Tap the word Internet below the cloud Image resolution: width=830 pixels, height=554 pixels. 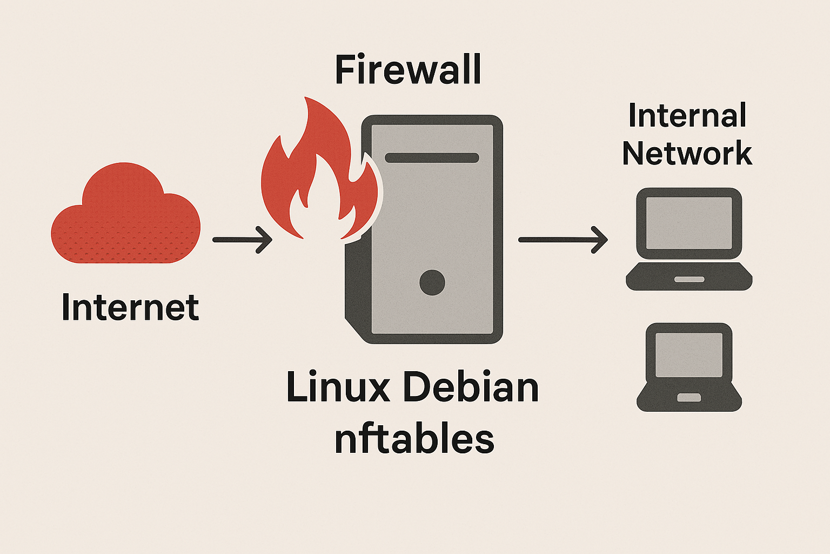[130, 307]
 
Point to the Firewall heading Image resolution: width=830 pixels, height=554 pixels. [408, 70]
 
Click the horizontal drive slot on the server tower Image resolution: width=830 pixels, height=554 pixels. [432, 158]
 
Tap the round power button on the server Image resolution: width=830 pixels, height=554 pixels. [432, 282]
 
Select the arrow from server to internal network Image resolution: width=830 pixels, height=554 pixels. [562, 239]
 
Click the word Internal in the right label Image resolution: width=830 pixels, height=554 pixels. [687, 116]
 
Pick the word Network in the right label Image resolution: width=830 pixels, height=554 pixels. [687, 153]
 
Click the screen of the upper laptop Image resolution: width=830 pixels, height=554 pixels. [689, 222]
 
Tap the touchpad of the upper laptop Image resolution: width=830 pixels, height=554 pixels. [689, 279]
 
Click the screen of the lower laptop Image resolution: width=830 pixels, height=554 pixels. [689, 354]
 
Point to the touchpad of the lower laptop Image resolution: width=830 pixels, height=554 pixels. [689, 398]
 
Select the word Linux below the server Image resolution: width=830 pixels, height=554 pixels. [338, 387]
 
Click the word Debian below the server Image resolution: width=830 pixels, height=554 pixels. [470, 387]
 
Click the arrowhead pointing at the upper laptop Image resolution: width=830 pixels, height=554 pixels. [600, 239]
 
